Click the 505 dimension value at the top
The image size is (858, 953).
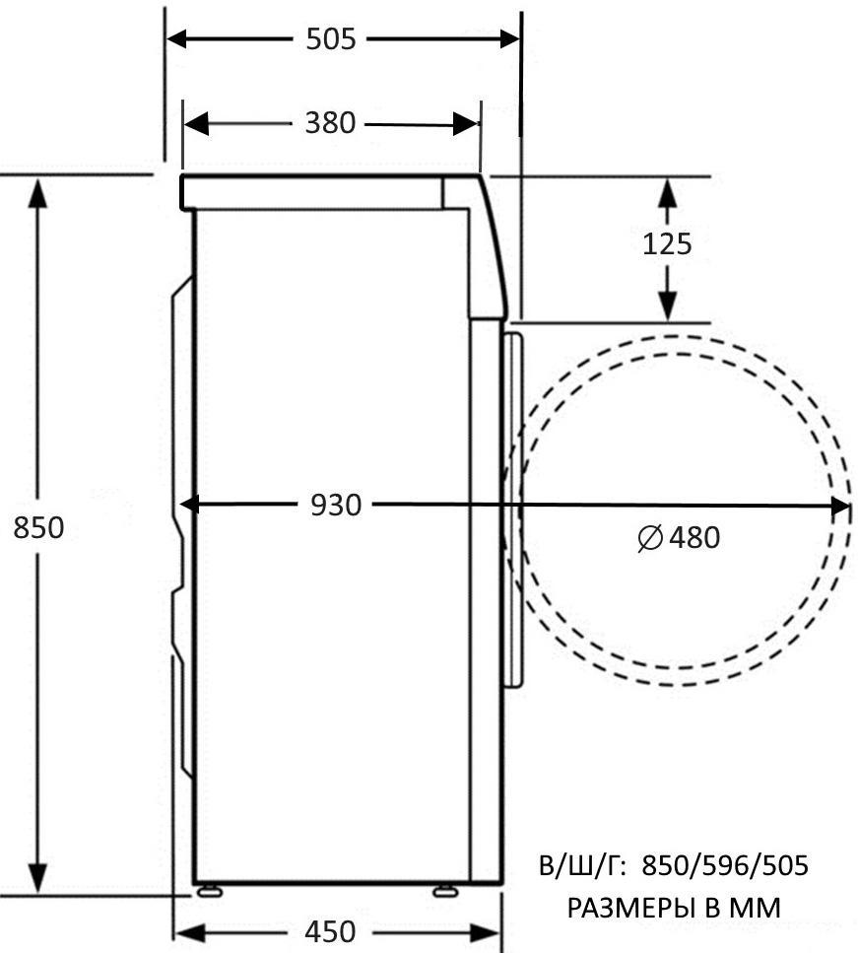[x=331, y=39]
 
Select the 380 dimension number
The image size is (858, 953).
[x=330, y=123]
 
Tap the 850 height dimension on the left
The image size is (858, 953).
[x=38, y=527]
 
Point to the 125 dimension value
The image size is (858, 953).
[x=667, y=243]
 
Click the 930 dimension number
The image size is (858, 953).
[x=336, y=505]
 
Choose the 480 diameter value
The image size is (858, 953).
[x=694, y=537]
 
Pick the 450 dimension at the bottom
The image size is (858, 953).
[x=330, y=931]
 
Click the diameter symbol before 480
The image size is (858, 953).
[x=649, y=538]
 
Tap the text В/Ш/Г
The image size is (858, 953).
[x=581, y=865]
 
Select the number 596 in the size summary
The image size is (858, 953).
[x=725, y=865]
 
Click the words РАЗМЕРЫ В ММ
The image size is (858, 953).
[x=673, y=908]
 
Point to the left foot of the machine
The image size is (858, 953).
[x=210, y=891]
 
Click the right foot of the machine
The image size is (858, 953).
[x=445, y=891]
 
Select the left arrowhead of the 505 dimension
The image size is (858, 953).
[x=177, y=39]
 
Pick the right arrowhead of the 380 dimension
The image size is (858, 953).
[x=466, y=124]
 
